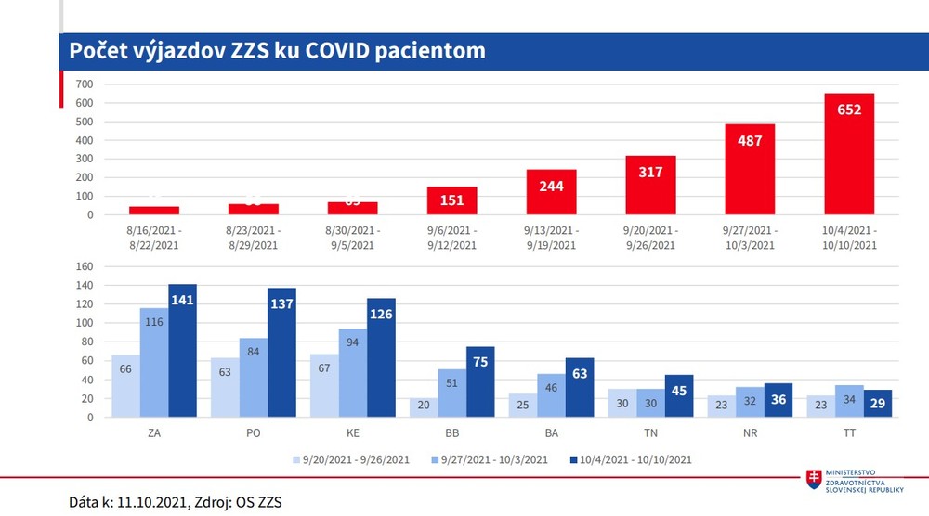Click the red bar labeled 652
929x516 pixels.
(x=849, y=154)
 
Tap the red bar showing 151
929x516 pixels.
(x=452, y=200)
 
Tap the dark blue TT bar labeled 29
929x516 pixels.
(x=878, y=404)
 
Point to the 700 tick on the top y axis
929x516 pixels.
(x=85, y=84)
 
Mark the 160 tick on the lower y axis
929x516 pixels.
(x=85, y=266)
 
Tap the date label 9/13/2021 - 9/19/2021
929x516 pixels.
(x=552, y=238)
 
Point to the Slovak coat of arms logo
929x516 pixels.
(x=815, y=479)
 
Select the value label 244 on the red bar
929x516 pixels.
(x=552, y=186)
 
